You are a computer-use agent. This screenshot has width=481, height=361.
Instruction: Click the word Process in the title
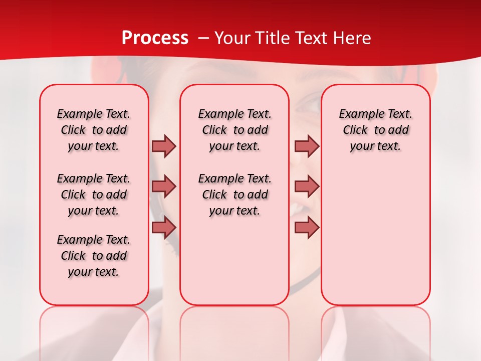(155, 38)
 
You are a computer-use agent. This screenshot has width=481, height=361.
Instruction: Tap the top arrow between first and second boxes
(164, 146)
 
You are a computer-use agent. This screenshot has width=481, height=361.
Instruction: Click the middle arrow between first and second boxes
(164, 187)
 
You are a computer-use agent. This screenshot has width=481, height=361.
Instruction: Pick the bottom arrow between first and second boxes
(164, 228)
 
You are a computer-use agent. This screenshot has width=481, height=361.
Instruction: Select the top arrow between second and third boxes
(307, 146)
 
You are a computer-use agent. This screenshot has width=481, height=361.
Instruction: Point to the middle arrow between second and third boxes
(307, 187)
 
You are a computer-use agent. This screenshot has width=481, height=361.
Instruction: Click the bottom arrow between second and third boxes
(307, 228)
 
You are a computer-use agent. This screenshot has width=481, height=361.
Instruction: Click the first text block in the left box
(94, 130)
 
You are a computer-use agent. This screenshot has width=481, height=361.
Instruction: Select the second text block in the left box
(94, 195)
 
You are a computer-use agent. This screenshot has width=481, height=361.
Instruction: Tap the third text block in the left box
(94, 256)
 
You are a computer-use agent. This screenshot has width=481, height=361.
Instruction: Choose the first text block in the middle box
(234, 130)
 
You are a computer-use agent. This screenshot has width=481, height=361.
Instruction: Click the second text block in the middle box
(234, 195)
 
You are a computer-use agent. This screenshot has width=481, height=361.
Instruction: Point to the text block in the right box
(375, 130)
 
